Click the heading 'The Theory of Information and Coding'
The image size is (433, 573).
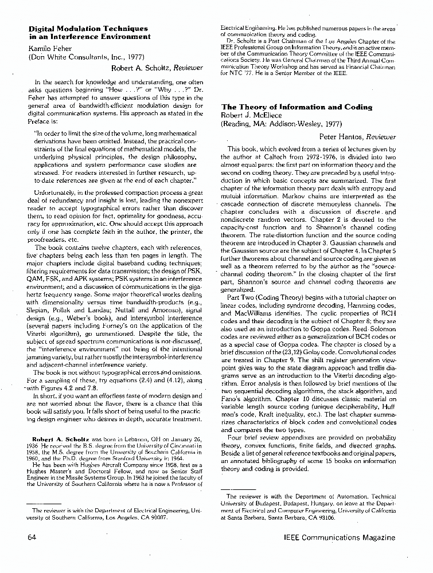pos(297,107)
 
